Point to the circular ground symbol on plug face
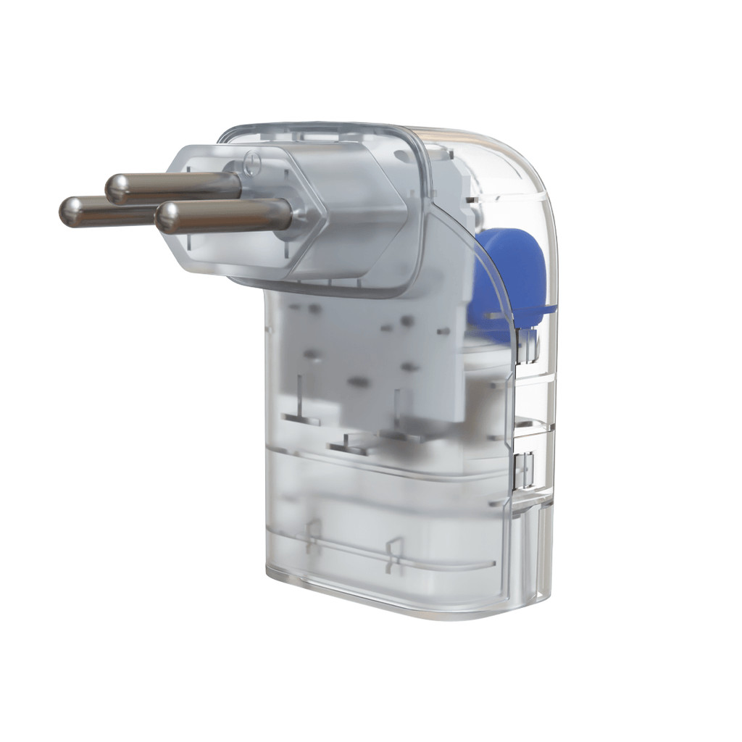[251, 162]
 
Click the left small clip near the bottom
[313, 536]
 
